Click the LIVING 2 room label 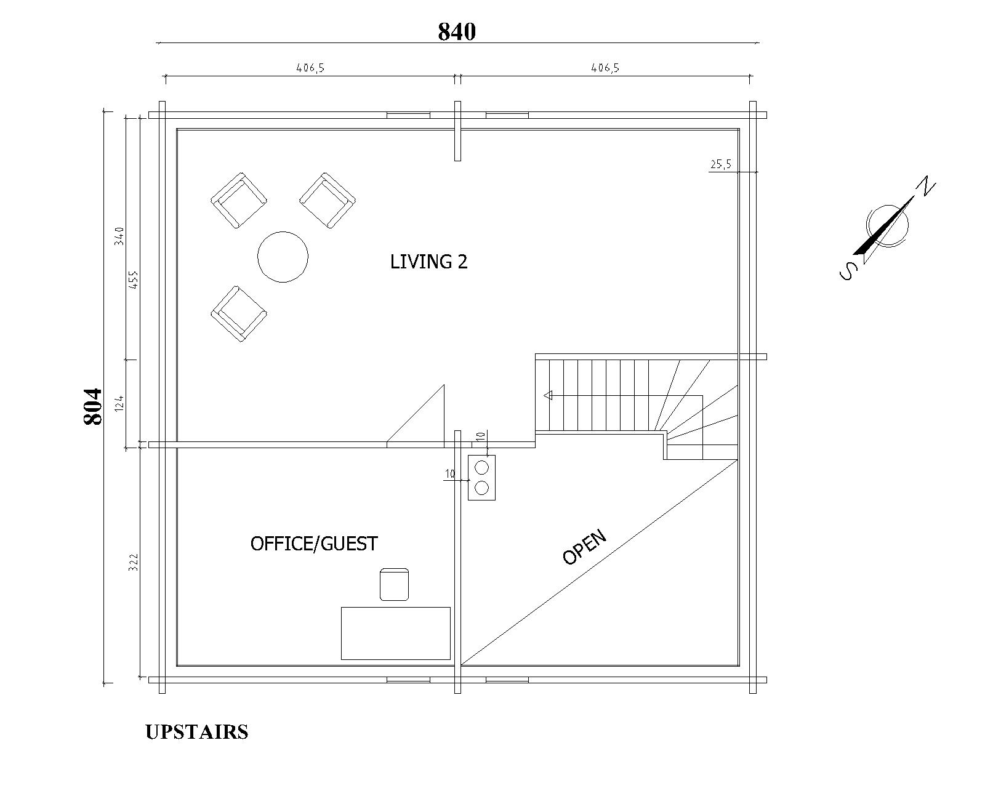pyautogui.click(x=429, y=262)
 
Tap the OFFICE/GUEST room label pyautogui.click(x=314, y=544)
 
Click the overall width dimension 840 pyautogui.click(x=457, y=31)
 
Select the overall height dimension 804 pyautogui.click(x=93, y=406)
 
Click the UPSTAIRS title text pyautogui.click(x=197, y=732)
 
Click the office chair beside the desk pyautogui.click(x=394, y=584)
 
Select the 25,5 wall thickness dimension pyautogui.click(x=721, y=164)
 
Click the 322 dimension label pyautogui.click(x=133, y=562)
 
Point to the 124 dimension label pyautogui.click(x=119, y=403)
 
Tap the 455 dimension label pyautogui.click(x=134, y=279)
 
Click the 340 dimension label pyautogui.click(x=119, y=236)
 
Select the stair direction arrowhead pyautogui.click(x=548, y=395)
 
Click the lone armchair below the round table pyautogui.click(x=239, y=313)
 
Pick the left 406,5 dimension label pyautogui.click(x=310, y=68)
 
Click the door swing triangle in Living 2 pyautogui.click(x=415, y=415)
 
